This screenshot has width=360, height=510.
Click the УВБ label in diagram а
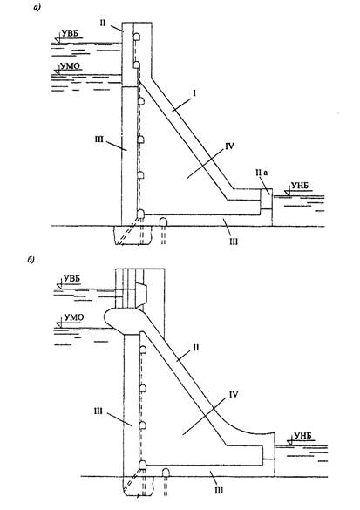[69, 33]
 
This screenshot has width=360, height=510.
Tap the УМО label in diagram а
[71, 66]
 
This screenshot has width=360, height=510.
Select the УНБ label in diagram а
[300, 186]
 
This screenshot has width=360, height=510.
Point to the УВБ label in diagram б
[71, 279]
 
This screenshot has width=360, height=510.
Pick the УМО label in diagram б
[74, 317]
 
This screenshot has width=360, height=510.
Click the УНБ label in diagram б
[302, 436]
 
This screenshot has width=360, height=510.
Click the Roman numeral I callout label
[194, 93]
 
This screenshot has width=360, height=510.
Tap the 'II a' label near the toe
[262, 173]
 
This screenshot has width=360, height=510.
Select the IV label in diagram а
[229, 146]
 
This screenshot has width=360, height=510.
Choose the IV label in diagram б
[234, 395]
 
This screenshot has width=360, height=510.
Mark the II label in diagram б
[195, 348]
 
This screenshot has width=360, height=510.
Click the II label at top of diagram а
[103, 23]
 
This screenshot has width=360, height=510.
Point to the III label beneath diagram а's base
[233, 241]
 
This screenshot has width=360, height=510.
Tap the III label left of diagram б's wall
[98, 411]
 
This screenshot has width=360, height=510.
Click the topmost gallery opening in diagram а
[137, 37]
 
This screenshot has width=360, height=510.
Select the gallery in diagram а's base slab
[163, 221]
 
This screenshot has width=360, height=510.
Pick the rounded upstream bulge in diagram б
[120, 321]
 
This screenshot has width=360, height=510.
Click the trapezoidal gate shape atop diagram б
[142, 296]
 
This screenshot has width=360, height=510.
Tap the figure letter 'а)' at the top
[37, 9]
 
